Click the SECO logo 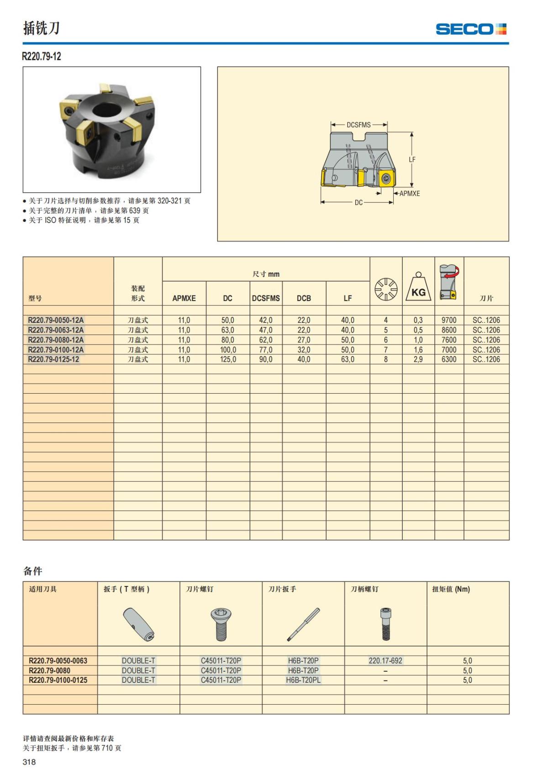471,29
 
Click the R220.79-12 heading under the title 42,57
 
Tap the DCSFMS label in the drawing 358,125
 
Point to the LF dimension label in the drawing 412,159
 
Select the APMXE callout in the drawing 409,193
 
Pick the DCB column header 304,298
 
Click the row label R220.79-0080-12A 56,340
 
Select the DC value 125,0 228,359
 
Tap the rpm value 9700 449,320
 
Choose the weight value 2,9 418,359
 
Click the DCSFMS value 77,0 266,350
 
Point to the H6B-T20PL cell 303,680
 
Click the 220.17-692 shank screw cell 385,660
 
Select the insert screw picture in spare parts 221,624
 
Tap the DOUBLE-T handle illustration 139,624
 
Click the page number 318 29,762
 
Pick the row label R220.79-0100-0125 58,680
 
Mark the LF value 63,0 348,359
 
